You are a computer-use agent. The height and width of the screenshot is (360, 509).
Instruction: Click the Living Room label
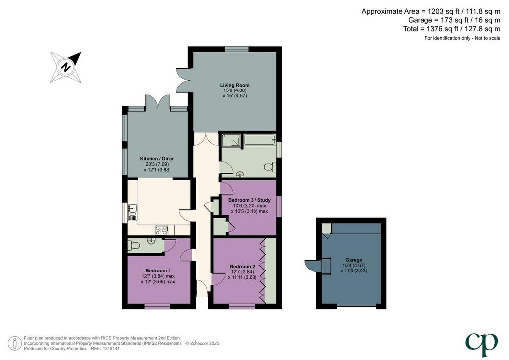235,85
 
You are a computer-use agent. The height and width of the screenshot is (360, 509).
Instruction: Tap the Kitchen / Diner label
157,159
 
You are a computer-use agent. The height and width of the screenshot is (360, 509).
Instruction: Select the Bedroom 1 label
158,270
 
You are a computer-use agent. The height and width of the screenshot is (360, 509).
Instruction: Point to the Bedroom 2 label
242,267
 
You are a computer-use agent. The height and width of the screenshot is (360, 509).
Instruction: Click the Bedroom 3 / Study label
250,200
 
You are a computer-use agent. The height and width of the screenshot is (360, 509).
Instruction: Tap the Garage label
354,260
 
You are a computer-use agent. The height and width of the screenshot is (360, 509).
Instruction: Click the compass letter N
66,67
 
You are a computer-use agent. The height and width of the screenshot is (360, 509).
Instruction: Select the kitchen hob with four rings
162,230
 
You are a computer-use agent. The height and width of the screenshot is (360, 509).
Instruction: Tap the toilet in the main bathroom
270,167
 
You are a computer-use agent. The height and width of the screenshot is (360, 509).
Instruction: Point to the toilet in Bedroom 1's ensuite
133,245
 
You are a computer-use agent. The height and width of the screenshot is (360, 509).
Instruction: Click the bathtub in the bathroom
259,140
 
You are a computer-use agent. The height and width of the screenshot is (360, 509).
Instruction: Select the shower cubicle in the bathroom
231,142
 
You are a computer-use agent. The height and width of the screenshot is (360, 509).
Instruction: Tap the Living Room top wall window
237,49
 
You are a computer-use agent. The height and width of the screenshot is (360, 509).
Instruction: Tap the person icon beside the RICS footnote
14,343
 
